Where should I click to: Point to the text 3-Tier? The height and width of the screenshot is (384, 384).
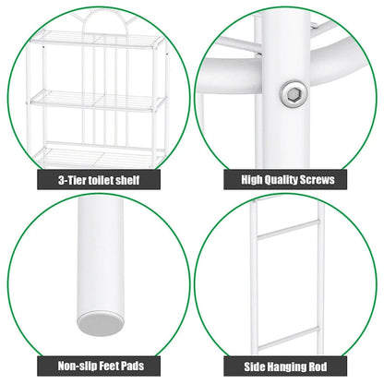[55, 179]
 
